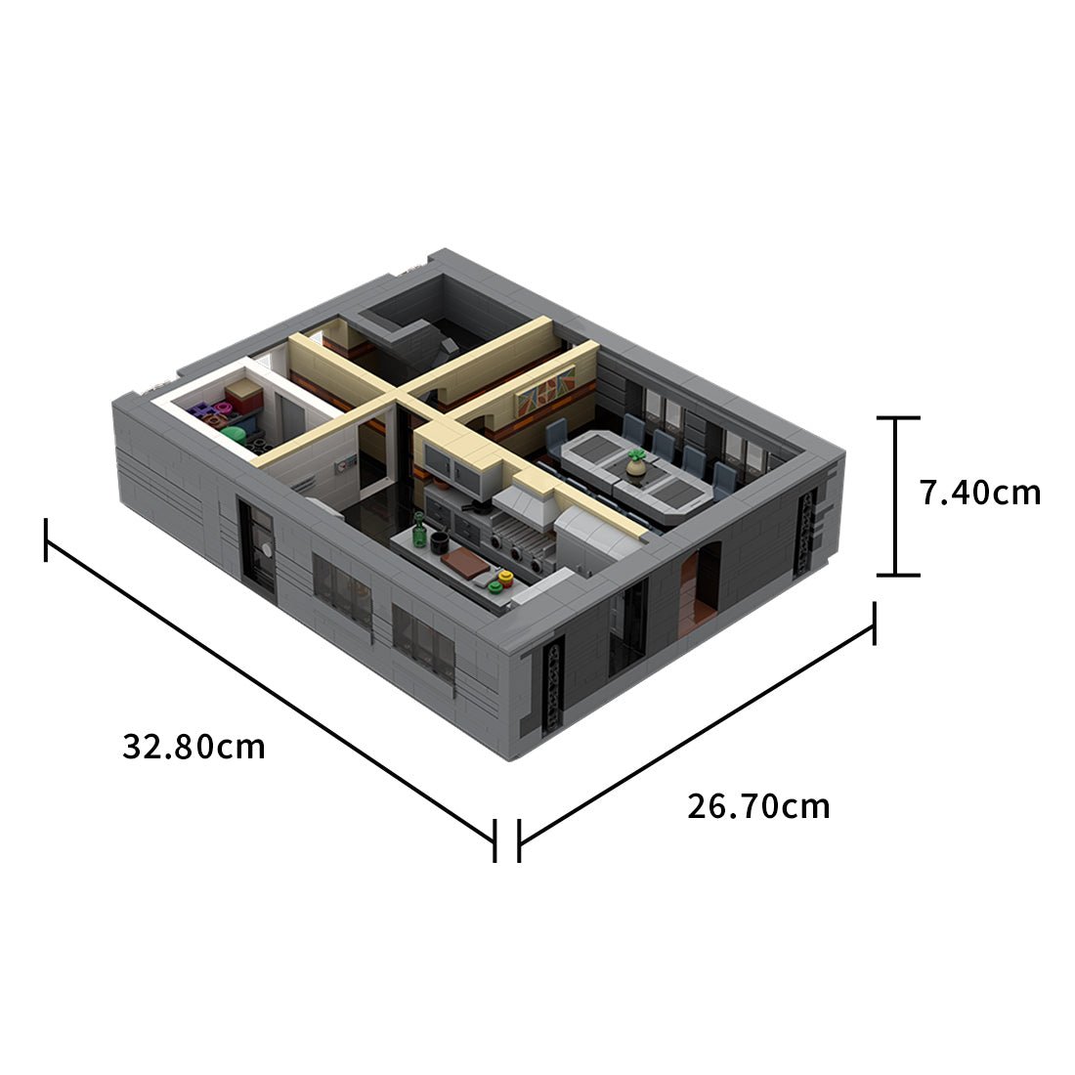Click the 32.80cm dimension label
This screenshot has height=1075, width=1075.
193,747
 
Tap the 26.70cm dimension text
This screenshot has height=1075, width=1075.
758,806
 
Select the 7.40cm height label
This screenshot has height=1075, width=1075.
980,493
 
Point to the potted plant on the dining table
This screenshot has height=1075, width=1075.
637,463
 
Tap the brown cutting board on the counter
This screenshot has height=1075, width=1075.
464,563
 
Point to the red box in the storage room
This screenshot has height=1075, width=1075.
243,398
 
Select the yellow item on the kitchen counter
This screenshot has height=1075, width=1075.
505,579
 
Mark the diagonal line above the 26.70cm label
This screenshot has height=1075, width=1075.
696,733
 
